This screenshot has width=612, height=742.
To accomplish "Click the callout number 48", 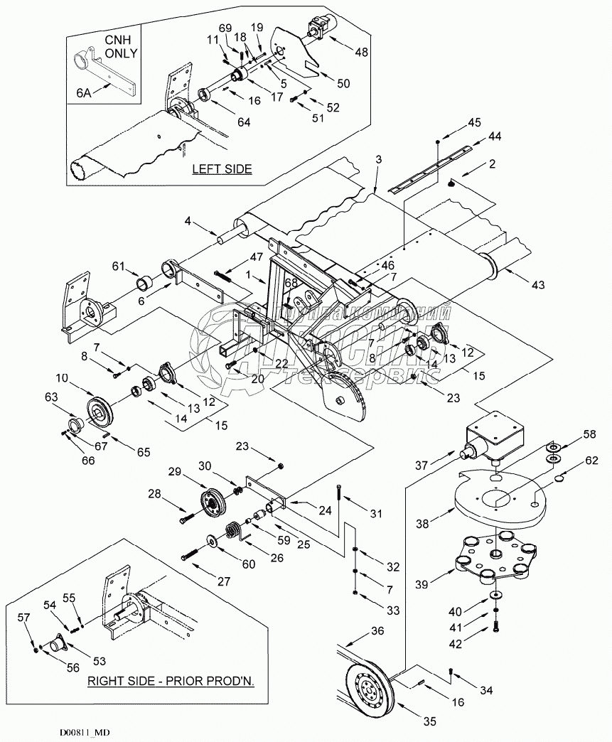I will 361,52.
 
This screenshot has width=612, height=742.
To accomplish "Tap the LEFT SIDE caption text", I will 222,169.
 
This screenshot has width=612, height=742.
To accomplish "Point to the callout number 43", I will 537,285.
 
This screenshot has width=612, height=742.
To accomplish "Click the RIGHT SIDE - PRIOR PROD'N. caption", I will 171,680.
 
